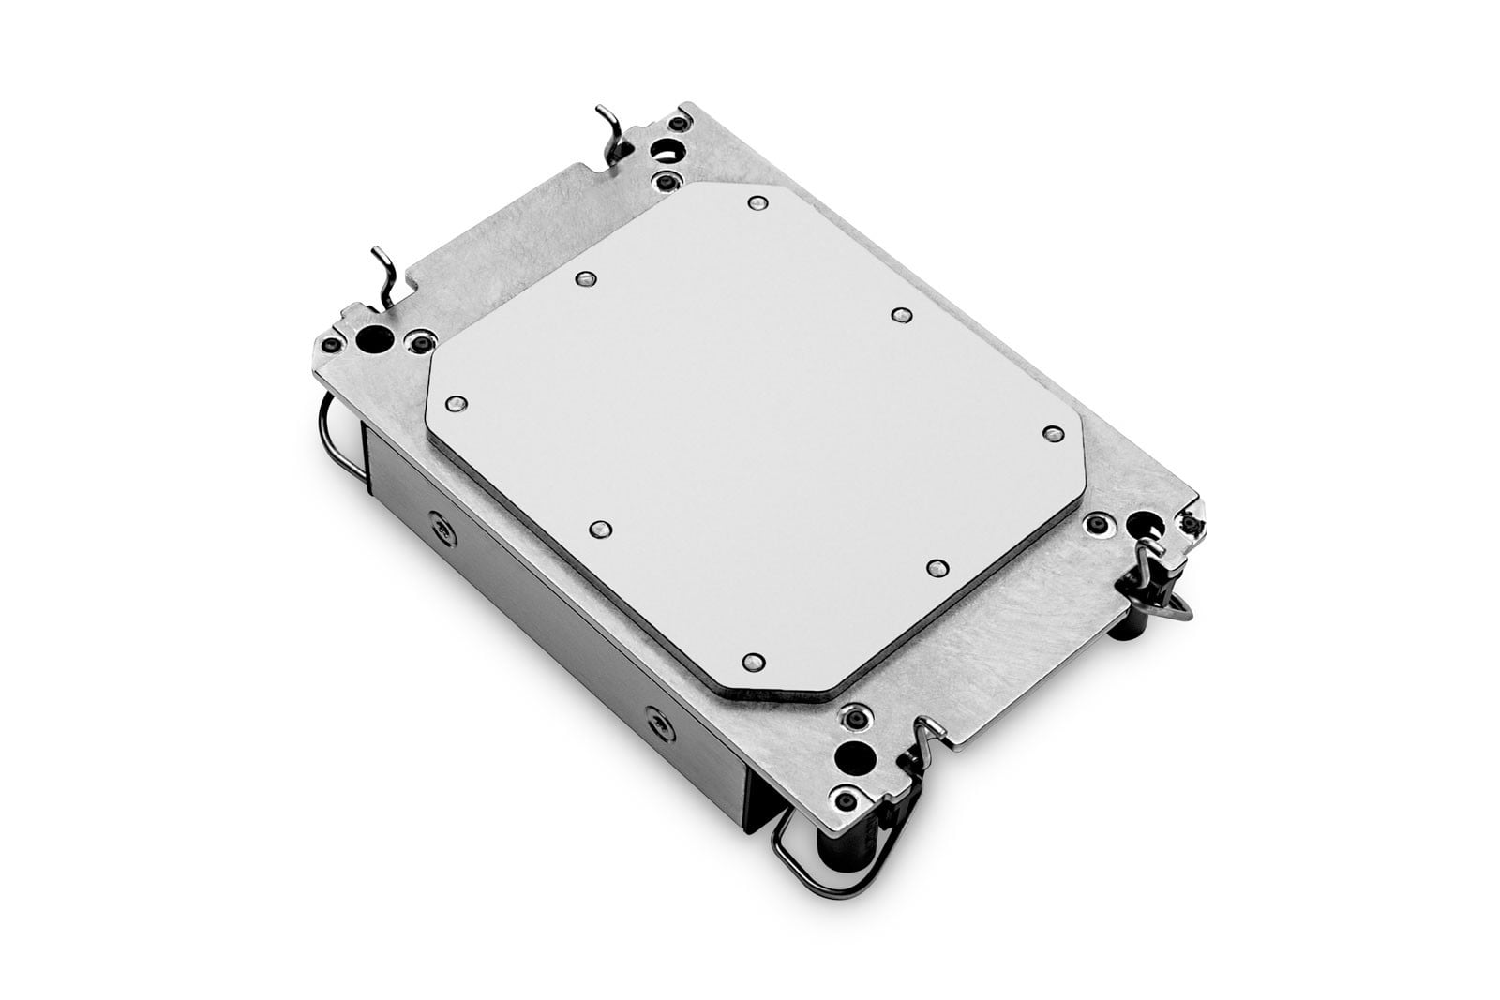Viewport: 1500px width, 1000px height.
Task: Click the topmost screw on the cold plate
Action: [x=756, y=203]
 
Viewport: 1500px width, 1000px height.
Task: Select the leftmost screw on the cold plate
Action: [x=457, y=403]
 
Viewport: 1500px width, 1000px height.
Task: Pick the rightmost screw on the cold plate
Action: [x=1052, y=432]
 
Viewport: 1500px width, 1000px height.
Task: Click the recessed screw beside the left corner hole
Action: [x=414, y=339]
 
